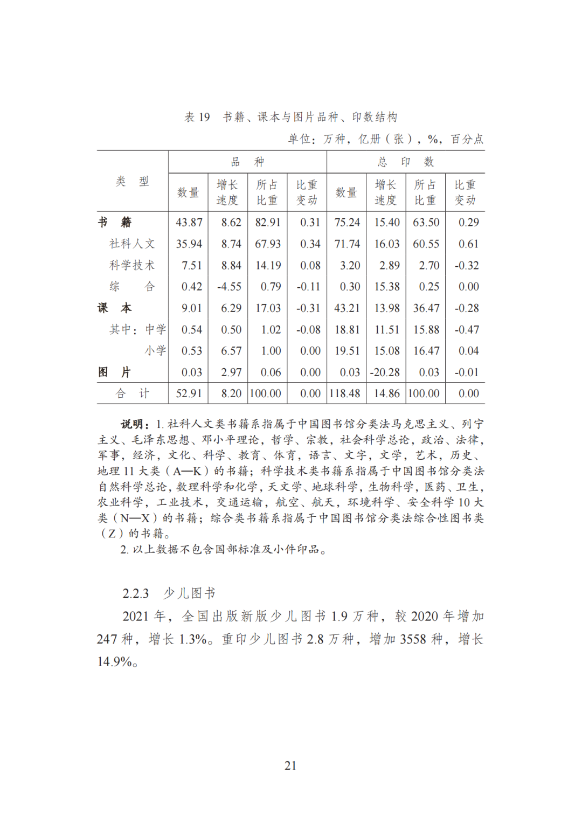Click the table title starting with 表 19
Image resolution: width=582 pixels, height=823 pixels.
click(291, 117)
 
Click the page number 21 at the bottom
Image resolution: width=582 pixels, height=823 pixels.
click(290, 765)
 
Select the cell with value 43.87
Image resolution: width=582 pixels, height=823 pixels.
click(189, 222)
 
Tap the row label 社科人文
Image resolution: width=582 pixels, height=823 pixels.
click(132, 244)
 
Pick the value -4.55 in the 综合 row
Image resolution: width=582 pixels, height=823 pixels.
click(230, 287)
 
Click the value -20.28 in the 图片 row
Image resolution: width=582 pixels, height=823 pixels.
click(385, 372)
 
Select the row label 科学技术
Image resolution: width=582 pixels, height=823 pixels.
click(132, 265)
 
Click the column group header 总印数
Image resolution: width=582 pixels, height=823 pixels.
click(405, 162)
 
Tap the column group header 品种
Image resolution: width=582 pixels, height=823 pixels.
click(247, 162)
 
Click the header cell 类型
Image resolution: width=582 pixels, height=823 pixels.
click(133, 181)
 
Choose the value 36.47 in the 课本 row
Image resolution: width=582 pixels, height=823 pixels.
click(426, 308)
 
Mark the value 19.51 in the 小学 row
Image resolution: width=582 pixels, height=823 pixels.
click(347, 351)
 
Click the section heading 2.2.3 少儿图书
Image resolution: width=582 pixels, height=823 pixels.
click(169, 593)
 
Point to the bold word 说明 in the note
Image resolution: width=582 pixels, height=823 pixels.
click(133, 424)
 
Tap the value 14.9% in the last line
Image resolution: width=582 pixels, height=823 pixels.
click(115, 662)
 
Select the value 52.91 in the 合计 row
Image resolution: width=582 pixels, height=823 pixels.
click(189, 393)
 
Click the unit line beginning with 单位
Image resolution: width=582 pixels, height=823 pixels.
click(386, 139)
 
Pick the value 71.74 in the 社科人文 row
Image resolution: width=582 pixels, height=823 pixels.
click(347, 244)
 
